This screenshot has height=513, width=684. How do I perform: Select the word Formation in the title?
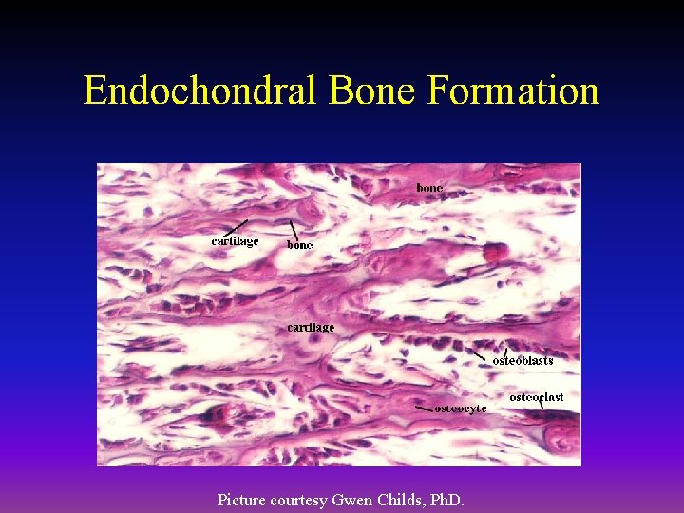[x=514, y=91]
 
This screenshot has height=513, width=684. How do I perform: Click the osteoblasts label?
[x=522, y=361]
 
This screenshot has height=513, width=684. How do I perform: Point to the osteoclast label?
[x=537, y=397]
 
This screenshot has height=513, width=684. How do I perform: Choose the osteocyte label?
[x=461, y=408]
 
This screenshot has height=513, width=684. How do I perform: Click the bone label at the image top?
[x=429, y=188]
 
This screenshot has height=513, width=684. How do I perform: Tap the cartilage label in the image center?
[x=311, y=327]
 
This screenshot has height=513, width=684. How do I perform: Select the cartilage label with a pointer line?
[x=235, y=241]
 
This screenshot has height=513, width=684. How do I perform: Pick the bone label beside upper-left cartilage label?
[x=300, y=245]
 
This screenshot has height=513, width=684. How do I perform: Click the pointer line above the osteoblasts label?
[x=484, y=351]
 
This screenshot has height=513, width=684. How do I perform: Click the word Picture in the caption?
[x=241, y=499]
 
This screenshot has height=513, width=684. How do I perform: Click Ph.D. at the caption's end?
[x=447, y=499]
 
